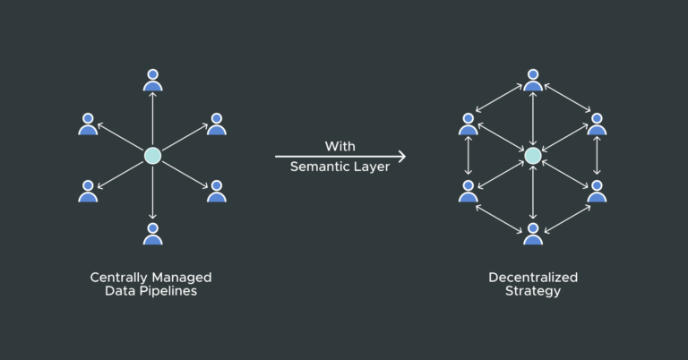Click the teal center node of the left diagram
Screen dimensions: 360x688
[x=152, y=156]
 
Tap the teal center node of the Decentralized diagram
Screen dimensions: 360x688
[x=533, y=156]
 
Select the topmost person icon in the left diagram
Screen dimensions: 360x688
[x=152, y=80]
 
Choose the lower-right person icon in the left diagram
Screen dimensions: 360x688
[x=217, y=190]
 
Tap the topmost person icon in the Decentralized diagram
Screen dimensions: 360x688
[x=533, y=80]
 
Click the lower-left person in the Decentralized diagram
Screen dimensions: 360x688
[x=468, y=190]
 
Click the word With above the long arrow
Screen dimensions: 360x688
[x=340, y=145]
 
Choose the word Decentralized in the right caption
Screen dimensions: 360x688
[x=533, y=278]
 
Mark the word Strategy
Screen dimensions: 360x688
[x=533, y=292]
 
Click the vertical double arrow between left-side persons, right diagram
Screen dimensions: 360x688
[x=468, y=157]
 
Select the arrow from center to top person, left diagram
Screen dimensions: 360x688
[x=152, y=119]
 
